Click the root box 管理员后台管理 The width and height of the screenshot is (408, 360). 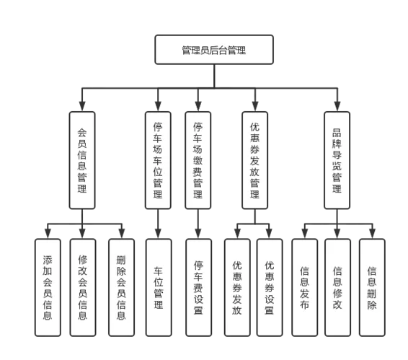[214, 50]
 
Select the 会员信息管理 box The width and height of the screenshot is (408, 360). [82, 160]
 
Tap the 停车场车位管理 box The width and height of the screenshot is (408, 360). [158, 160]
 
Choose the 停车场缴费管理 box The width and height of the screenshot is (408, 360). [198, 160]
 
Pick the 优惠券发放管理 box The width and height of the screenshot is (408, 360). [255, 160]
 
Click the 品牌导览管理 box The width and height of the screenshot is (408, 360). [337, 160]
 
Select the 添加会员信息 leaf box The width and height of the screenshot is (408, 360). [48, 288]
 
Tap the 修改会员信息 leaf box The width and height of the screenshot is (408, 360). [83, 288]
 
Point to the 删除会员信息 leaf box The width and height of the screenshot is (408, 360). [122, 288]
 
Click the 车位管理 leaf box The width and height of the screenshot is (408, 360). [159, 288]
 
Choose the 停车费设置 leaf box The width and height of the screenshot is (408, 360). [199, 288]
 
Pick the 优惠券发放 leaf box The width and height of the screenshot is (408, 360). [237, 288]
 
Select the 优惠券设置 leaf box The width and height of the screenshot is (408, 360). [270, 288]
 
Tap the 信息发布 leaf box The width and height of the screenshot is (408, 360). [305, 288]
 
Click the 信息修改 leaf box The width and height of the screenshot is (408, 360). [338, 288]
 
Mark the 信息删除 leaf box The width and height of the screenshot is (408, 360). [372, 288]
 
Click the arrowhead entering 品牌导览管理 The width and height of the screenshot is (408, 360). [337, 107]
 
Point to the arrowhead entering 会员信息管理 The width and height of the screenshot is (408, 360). [82, 107]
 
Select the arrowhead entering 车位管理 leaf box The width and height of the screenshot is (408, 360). [158, 234]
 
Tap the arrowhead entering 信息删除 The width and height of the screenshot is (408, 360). [373, 234]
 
